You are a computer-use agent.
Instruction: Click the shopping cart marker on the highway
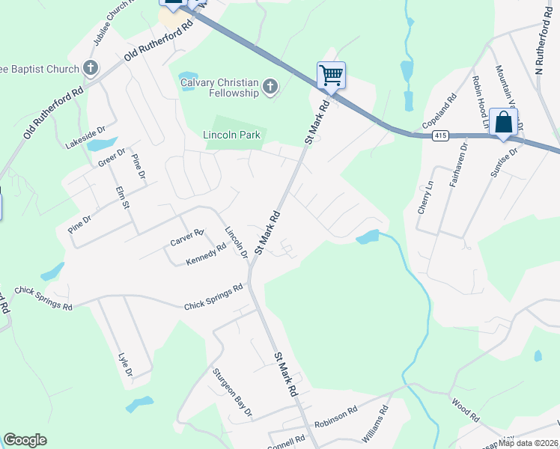click(x=331, y=75)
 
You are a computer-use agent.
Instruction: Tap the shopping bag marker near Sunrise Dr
click(x=504, y=122)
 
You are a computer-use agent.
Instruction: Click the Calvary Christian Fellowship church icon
click(x=270, y=88)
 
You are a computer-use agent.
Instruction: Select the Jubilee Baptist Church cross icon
click(x=90, y=70)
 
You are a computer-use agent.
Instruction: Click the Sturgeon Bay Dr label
click(x=233, y=392)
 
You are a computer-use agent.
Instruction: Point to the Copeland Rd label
click(x=439, y=110)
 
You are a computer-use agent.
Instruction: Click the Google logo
click(x=25, y=440)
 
